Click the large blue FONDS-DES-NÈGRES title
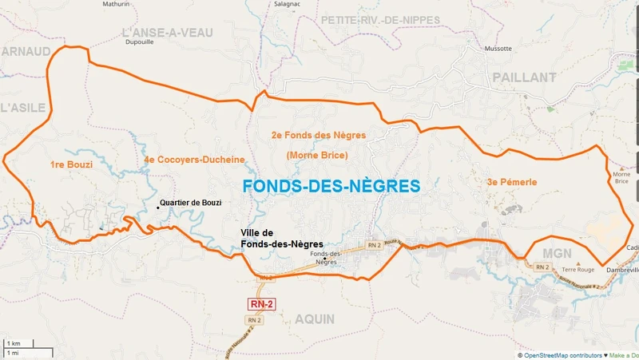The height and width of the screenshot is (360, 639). [330, 186]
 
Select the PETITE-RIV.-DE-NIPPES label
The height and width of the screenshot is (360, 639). [381, 19]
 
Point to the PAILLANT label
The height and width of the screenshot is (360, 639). [524, 77]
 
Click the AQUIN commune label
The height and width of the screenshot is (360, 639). [315, 318]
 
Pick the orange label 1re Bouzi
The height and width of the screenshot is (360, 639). [71, 164]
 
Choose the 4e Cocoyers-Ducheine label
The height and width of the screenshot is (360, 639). [194, 160]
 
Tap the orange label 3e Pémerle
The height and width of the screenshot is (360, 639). [511, 182]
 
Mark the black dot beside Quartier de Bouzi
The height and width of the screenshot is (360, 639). [157, 208]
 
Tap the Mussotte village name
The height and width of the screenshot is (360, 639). [498, 48]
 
